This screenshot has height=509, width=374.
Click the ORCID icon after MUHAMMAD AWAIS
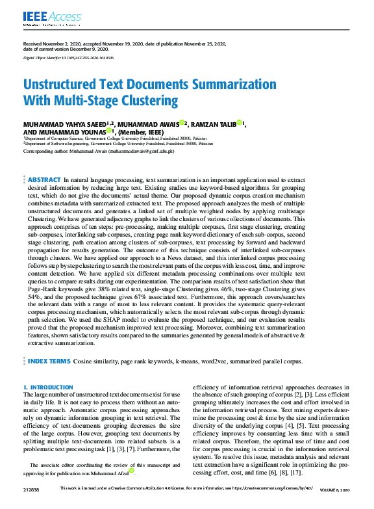[x=182, y=122]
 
